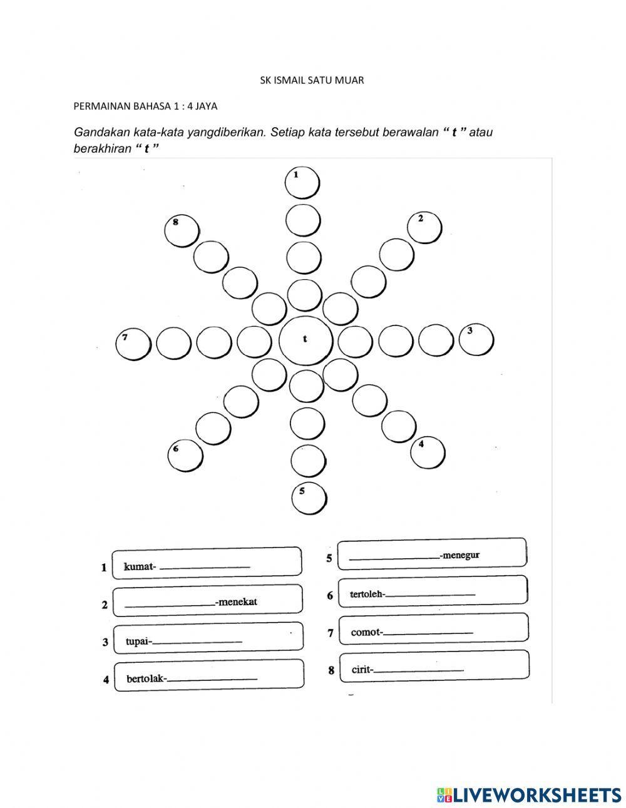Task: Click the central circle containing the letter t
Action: [305, 340]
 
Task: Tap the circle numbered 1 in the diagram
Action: [302, 183]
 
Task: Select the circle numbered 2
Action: [424, 227]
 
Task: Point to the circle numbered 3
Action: [476, 339]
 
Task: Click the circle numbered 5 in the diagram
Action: [310, 499]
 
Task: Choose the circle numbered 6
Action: [185, 455]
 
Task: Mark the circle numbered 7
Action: [134, 345]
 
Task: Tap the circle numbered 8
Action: [182, 230]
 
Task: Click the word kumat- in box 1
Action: [140, 566]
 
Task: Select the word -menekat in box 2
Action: [236, 602]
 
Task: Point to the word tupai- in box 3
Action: [139, 642]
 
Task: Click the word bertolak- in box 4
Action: [147, 678]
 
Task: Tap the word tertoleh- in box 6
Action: [367, 594]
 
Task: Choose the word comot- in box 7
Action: [367, 632]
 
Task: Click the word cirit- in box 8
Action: [362, 670]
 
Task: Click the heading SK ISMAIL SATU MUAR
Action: [312, 80]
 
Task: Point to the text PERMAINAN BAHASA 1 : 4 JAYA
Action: [145, 106]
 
